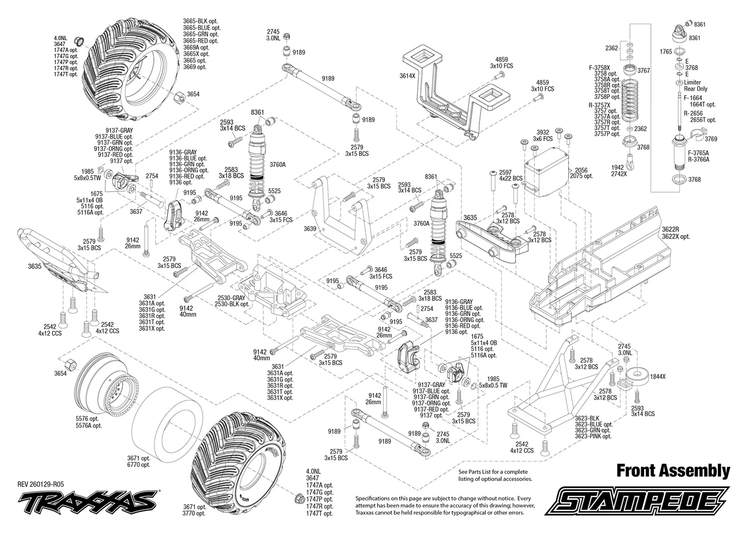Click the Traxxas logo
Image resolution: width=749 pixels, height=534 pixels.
[x=88, y=500]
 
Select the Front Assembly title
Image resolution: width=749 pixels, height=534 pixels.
[x=673, y=471]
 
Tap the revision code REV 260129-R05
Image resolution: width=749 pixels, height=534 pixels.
[x=40, y=485]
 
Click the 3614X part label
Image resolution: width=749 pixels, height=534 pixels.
[x=407, y=76]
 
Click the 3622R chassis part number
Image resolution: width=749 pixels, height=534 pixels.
[x=670, y=230]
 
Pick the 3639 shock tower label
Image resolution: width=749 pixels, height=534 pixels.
[x=309, y=229]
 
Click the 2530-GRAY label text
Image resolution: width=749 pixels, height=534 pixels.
[x=232, y=298]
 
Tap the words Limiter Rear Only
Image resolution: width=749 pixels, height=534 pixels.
[x=696, y=86]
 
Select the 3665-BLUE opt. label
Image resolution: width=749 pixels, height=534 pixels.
[x=202, y=28]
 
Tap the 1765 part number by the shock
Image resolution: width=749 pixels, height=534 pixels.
[x=665, y=52]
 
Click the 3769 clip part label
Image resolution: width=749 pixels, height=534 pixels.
[x=711, y=139]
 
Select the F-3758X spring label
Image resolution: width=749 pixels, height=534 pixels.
[x=600, y=68]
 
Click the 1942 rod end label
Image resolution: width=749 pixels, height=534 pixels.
[x=617, y=167]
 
